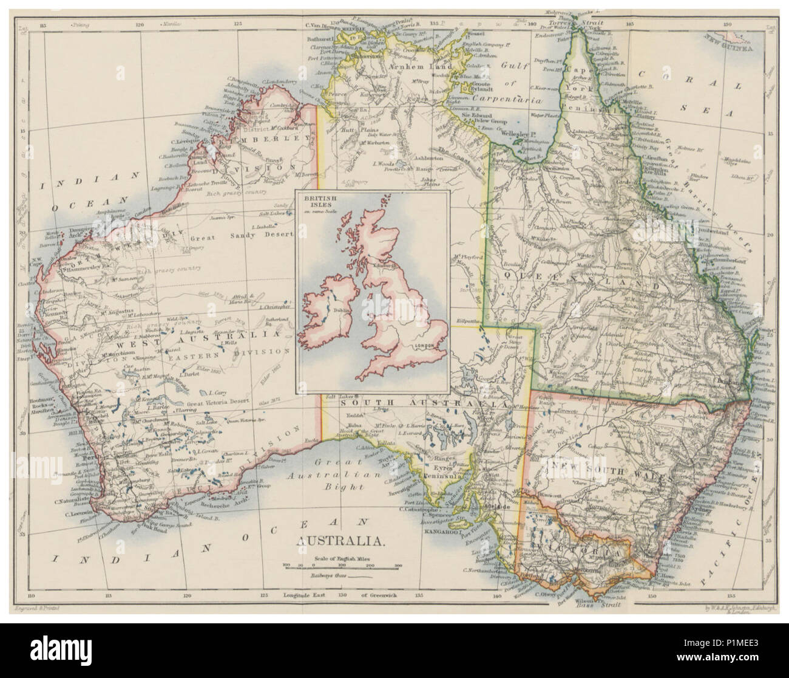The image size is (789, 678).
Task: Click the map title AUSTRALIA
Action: pos(339,540)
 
